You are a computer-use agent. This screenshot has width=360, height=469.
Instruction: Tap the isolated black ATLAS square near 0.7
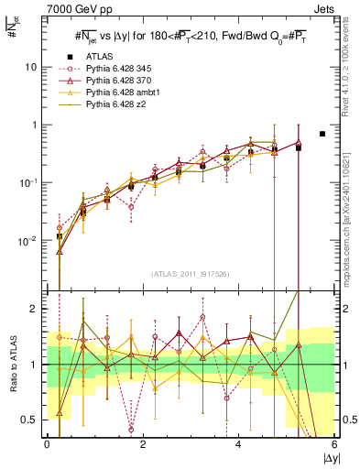(322, 134)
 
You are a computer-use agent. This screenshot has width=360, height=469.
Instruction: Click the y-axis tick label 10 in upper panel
(31, 67)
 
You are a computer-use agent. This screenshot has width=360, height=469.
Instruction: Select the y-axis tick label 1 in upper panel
(34, 125)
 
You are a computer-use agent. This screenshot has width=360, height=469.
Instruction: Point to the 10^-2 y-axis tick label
(28, 240)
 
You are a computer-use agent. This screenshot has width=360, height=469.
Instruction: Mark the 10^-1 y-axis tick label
(28, 182)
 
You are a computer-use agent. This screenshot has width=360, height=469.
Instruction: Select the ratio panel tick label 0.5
(32, 420)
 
